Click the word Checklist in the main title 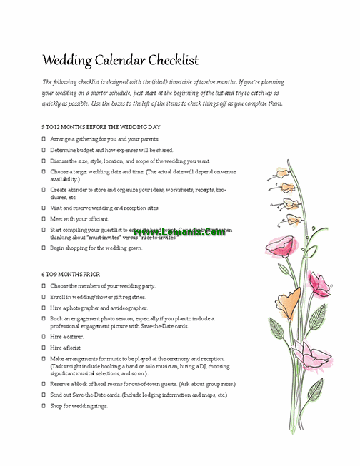pyautogui.click(x=170, y=60)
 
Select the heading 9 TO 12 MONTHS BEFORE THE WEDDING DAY pyautogui.click(x=100, y=127)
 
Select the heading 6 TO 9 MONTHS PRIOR pyautogui.click(x=71, y=274)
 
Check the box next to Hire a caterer pyautogui.click(x=44, y=336)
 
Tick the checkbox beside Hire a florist pyautogui.click(x=44, y=347)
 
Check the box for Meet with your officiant pyautogui.click(x=44, y=218)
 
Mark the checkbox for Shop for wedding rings pyautogui.click(x=44, y=405)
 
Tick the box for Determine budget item pyautogui.click(x=44, y=151)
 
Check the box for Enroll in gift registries pyautogui.click(x=44, y=296)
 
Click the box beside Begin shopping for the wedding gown pyautogui.click(x=44, y=248)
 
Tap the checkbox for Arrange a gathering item pyautogui.click(x=44, y=139)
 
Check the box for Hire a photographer pyautogui.click(x=44, y=308)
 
